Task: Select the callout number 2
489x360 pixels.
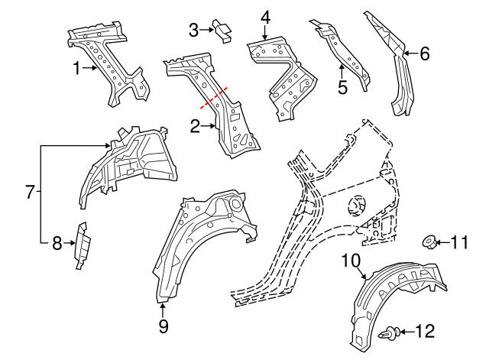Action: pos(195,127)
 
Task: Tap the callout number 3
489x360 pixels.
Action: pos(193,30)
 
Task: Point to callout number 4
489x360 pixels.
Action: pos(265,17)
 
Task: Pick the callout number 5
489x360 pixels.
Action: pos(342,87)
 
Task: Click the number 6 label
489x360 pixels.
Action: pos(425,54)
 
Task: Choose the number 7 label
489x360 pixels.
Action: pos(30,192)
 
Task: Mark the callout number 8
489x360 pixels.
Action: pos(56,244)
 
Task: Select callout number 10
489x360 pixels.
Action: pos(350,261)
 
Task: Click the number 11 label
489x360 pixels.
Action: pos(458,243)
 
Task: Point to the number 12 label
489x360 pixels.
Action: pos(426,331)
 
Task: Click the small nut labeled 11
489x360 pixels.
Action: pos(430,244)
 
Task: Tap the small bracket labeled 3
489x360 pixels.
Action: pos(223,31)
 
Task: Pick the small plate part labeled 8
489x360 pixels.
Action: pos(82,245)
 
